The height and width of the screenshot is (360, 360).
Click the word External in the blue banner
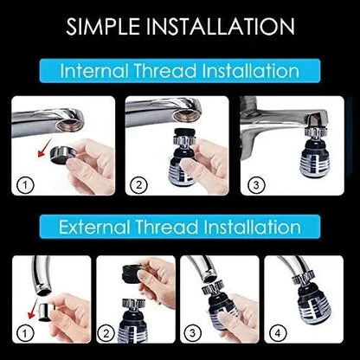point(96,228)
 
